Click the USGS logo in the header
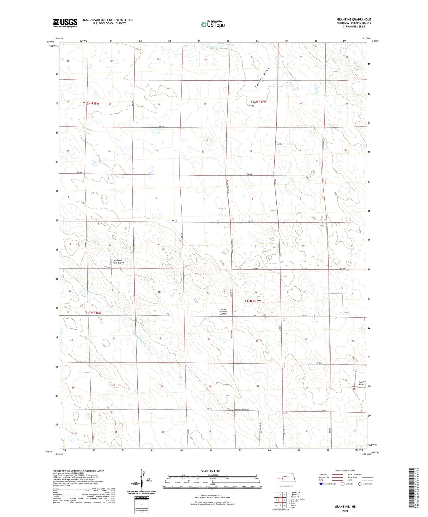point(65,23)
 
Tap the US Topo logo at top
point(212,24)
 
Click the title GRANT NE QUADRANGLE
point(354,20)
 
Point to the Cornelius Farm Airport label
point(119,262)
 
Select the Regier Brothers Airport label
point(223,312)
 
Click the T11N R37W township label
point(253,301)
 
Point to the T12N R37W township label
point(259,102)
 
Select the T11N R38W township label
point(93,313)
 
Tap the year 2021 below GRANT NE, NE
point(345,511)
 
